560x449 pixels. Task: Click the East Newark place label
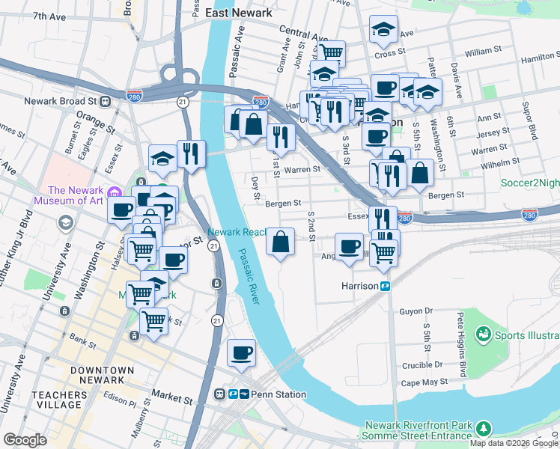click(x=236, y=13)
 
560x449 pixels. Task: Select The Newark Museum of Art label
click(x=76, y=196)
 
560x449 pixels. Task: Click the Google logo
click(x=25, y=440)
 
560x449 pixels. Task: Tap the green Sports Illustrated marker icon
click(x=483, y=333)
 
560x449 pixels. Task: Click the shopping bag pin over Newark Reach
click(x=280, y=242)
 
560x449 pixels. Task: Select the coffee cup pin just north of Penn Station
click(x=240, y=352)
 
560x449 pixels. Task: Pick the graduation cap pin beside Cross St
click(x=384, y=30)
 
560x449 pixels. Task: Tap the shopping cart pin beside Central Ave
click(x=330, y=52)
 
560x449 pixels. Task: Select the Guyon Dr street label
click(x=417, y=311)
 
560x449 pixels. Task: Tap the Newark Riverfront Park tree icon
click(x=484, y=428)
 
